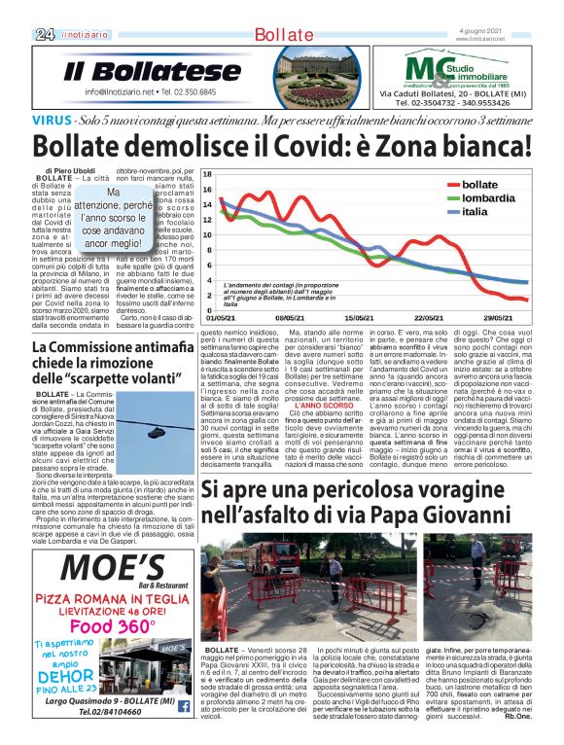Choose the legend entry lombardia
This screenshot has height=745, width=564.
[x=488, y=197]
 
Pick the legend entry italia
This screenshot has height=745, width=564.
[x=475, y=211]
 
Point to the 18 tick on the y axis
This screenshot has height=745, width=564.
[x=206, y=174]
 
